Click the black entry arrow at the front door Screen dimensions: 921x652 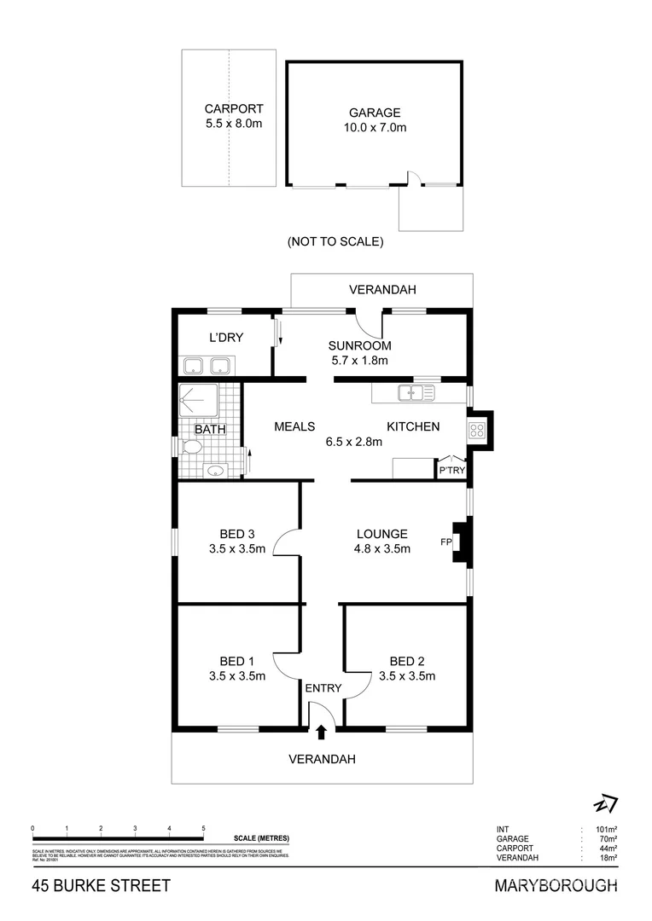pyautogui.click(x=322, y=731)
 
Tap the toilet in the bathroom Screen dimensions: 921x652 pyautogui.click(x=192, y=447)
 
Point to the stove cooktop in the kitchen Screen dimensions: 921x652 pyautogui.click(x=476, y=430)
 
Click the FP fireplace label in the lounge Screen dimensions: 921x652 pyautogui.click(x=445, y=542)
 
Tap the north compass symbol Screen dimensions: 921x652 pyautogui.click(x=606, y=804)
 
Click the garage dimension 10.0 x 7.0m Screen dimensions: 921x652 pyautogui.click(x=374, y=128)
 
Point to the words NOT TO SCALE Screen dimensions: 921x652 pyautogui.click(x=335, y=241)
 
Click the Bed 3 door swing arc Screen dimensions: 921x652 pyautogui.click(x=285, y=542)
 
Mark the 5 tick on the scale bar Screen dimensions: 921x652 pyautogui.click(x=203, y=828)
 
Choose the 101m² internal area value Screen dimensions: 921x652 pyautogui.click(x=605, y=829)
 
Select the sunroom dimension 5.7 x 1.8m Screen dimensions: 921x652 pyautogui.click(x=359, y=361)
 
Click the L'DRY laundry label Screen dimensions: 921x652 pyautogui.click(x=226, y=338)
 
